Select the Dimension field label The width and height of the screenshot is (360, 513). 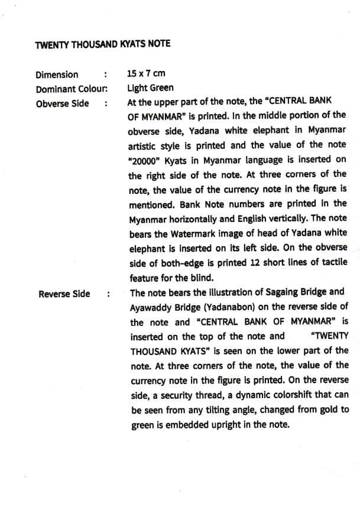(57, 75)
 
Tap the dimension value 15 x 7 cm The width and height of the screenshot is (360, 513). (146, 74)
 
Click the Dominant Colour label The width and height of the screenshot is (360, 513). (71, 89)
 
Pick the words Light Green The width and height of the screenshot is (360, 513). (150, 88)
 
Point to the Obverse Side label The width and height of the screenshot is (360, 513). (63, 104)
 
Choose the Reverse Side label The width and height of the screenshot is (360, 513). (64, 294)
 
